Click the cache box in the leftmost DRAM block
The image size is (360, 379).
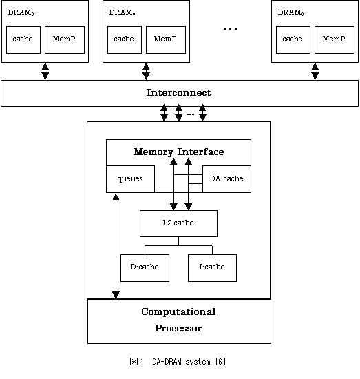coord(23,40)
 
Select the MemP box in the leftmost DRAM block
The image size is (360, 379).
coord(65,40)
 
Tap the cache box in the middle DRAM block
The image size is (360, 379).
coord(125,40)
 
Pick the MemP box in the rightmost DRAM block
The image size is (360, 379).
coord(335,40)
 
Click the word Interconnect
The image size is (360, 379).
coord(179,92)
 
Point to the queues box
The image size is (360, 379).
coord(130,179)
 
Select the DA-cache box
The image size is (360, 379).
coord(226,179)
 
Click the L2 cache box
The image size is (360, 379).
coord(178,223)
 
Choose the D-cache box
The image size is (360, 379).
coord(145,268)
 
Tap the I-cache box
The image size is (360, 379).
coord(212,268)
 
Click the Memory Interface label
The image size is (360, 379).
coord(179,152)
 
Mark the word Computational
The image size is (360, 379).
coord(178,311)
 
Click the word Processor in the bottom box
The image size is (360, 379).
coord(178,328)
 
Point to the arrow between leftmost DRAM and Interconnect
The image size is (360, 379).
coord(45,71)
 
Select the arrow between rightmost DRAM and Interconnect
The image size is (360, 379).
coord(315,71)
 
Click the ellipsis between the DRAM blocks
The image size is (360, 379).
coord(230,28)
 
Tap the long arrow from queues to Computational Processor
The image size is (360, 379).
coord(116,246)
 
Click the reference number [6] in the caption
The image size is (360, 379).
coord(221,362)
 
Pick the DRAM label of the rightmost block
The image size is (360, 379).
coord(290,12)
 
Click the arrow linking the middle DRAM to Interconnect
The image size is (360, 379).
coord(146,71)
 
